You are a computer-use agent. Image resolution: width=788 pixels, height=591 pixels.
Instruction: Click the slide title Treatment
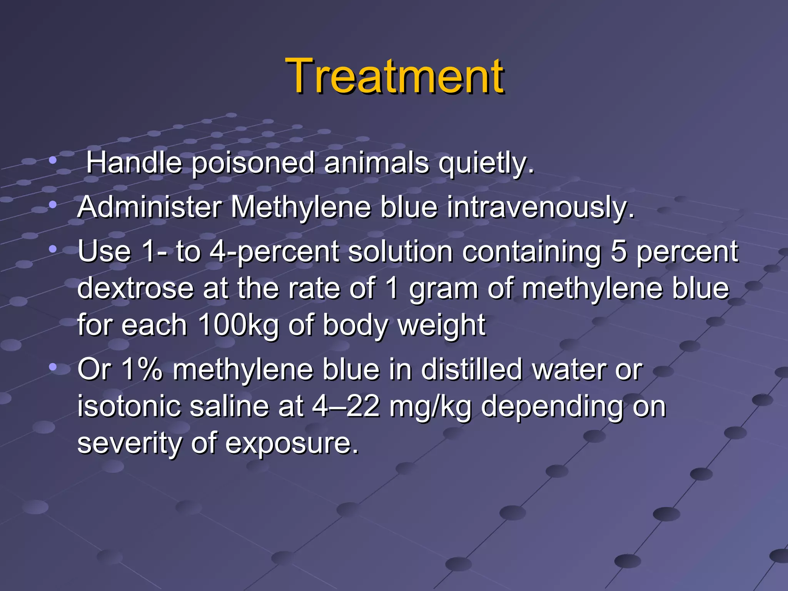click(394, 76)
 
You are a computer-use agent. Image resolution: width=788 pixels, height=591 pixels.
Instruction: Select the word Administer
click(150, 207)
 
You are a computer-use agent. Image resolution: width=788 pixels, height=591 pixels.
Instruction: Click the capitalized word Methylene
click(301, 207)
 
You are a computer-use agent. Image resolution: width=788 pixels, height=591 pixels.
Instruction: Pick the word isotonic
click(129, 406)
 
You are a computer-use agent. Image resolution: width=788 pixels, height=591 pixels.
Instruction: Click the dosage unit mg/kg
click(430, 407)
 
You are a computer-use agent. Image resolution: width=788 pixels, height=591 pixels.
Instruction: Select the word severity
click(129, 444)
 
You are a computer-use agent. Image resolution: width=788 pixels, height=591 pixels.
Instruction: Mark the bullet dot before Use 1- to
click(53, 249)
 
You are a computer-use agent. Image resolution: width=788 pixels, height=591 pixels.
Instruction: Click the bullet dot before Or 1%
click(53, 367)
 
